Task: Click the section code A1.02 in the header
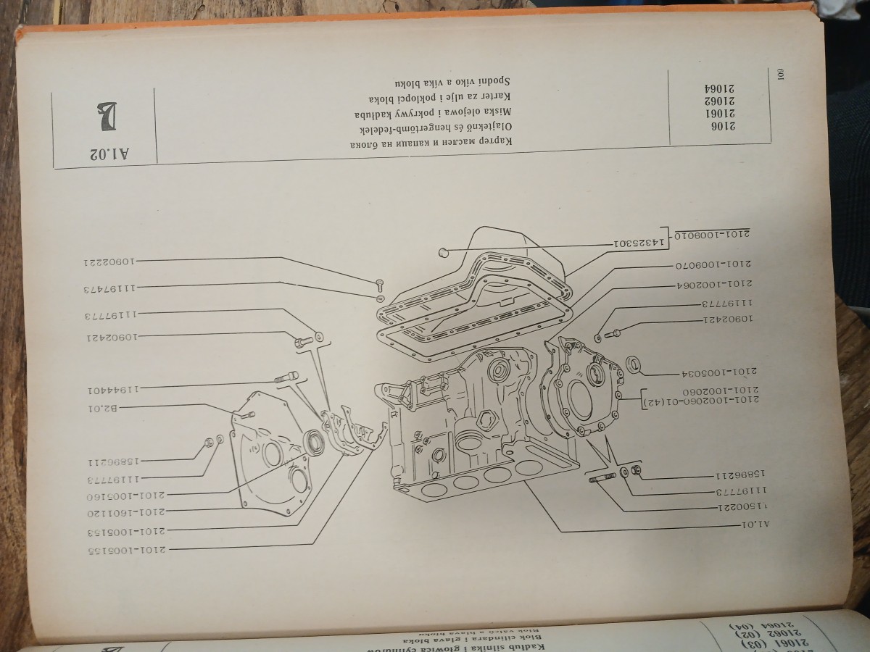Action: coord(110,154)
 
